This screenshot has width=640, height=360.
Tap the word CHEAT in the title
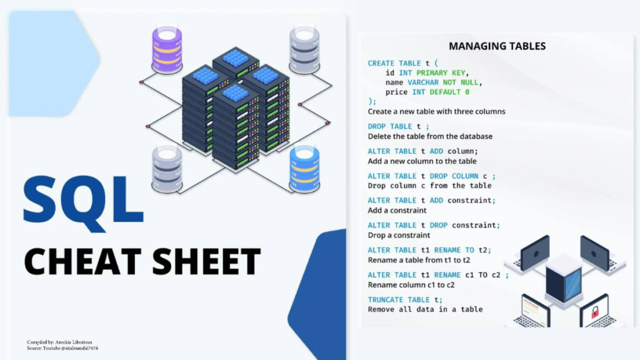click(75, 261)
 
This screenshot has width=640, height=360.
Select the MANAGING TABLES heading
click(497, 46)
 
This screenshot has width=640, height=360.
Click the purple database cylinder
click(167, 48)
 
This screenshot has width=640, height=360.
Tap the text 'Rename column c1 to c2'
click(411, 285)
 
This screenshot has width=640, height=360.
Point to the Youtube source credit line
click(62, 348)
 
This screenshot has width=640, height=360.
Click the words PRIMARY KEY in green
click(441, 72)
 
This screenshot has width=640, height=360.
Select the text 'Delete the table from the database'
click(430, 136)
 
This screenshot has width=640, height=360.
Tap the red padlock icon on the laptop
click(596, 311)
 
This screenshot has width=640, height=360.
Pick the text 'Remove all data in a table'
click(425, 309)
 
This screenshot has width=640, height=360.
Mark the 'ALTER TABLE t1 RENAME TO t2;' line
click(429, 250)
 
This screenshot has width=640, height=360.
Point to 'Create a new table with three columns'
click(436, 111)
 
